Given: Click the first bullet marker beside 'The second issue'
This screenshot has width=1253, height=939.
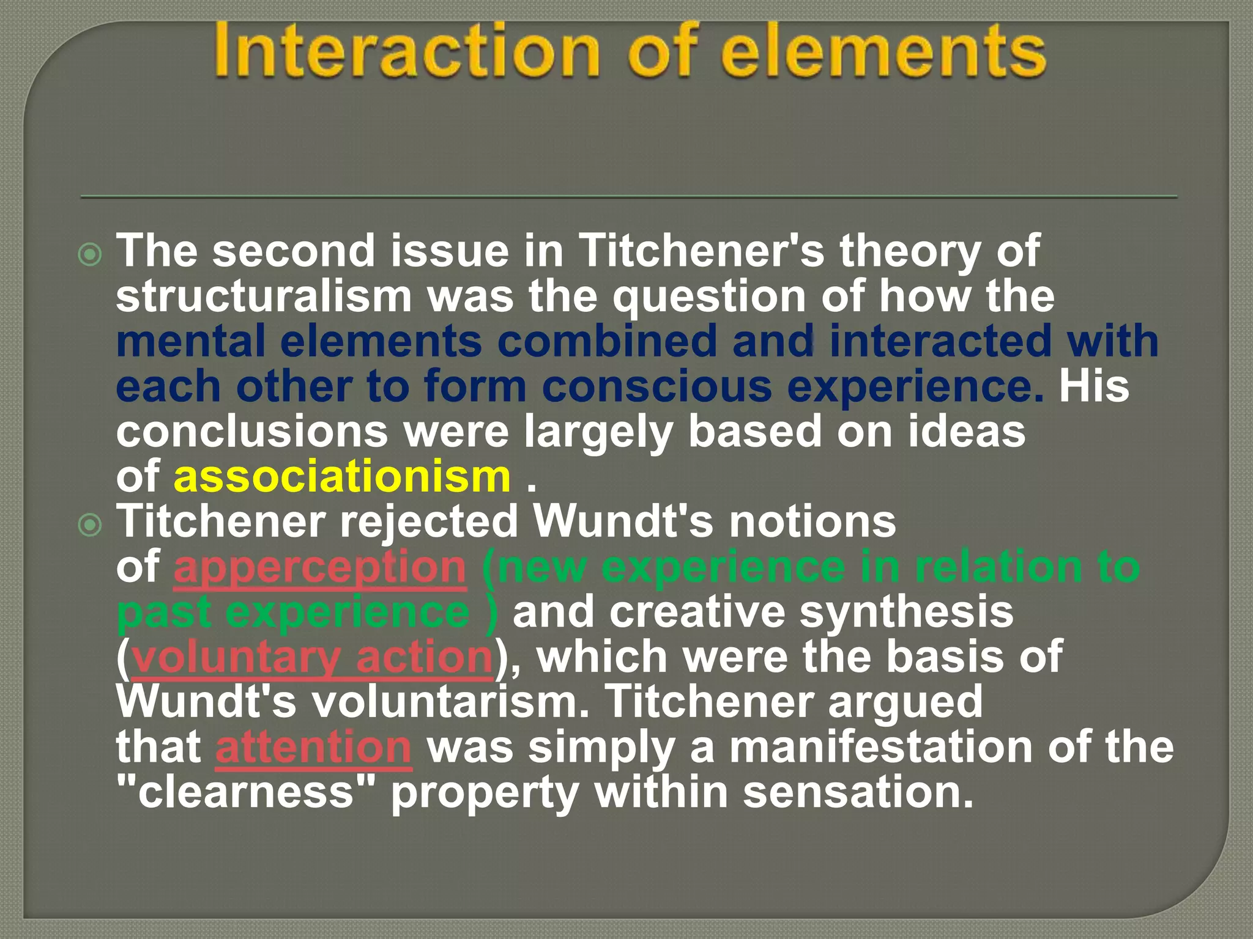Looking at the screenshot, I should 91,254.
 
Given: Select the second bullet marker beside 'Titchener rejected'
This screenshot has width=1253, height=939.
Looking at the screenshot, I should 91,525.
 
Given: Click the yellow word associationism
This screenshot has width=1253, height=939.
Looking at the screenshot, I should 342,477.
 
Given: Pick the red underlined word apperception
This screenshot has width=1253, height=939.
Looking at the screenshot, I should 320,567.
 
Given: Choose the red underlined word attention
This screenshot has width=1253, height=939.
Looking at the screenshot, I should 313,747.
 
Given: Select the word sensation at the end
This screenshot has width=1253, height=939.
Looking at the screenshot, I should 857,792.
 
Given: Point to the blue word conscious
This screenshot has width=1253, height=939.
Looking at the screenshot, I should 656,387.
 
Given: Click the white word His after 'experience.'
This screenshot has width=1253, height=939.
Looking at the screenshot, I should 1094,387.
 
